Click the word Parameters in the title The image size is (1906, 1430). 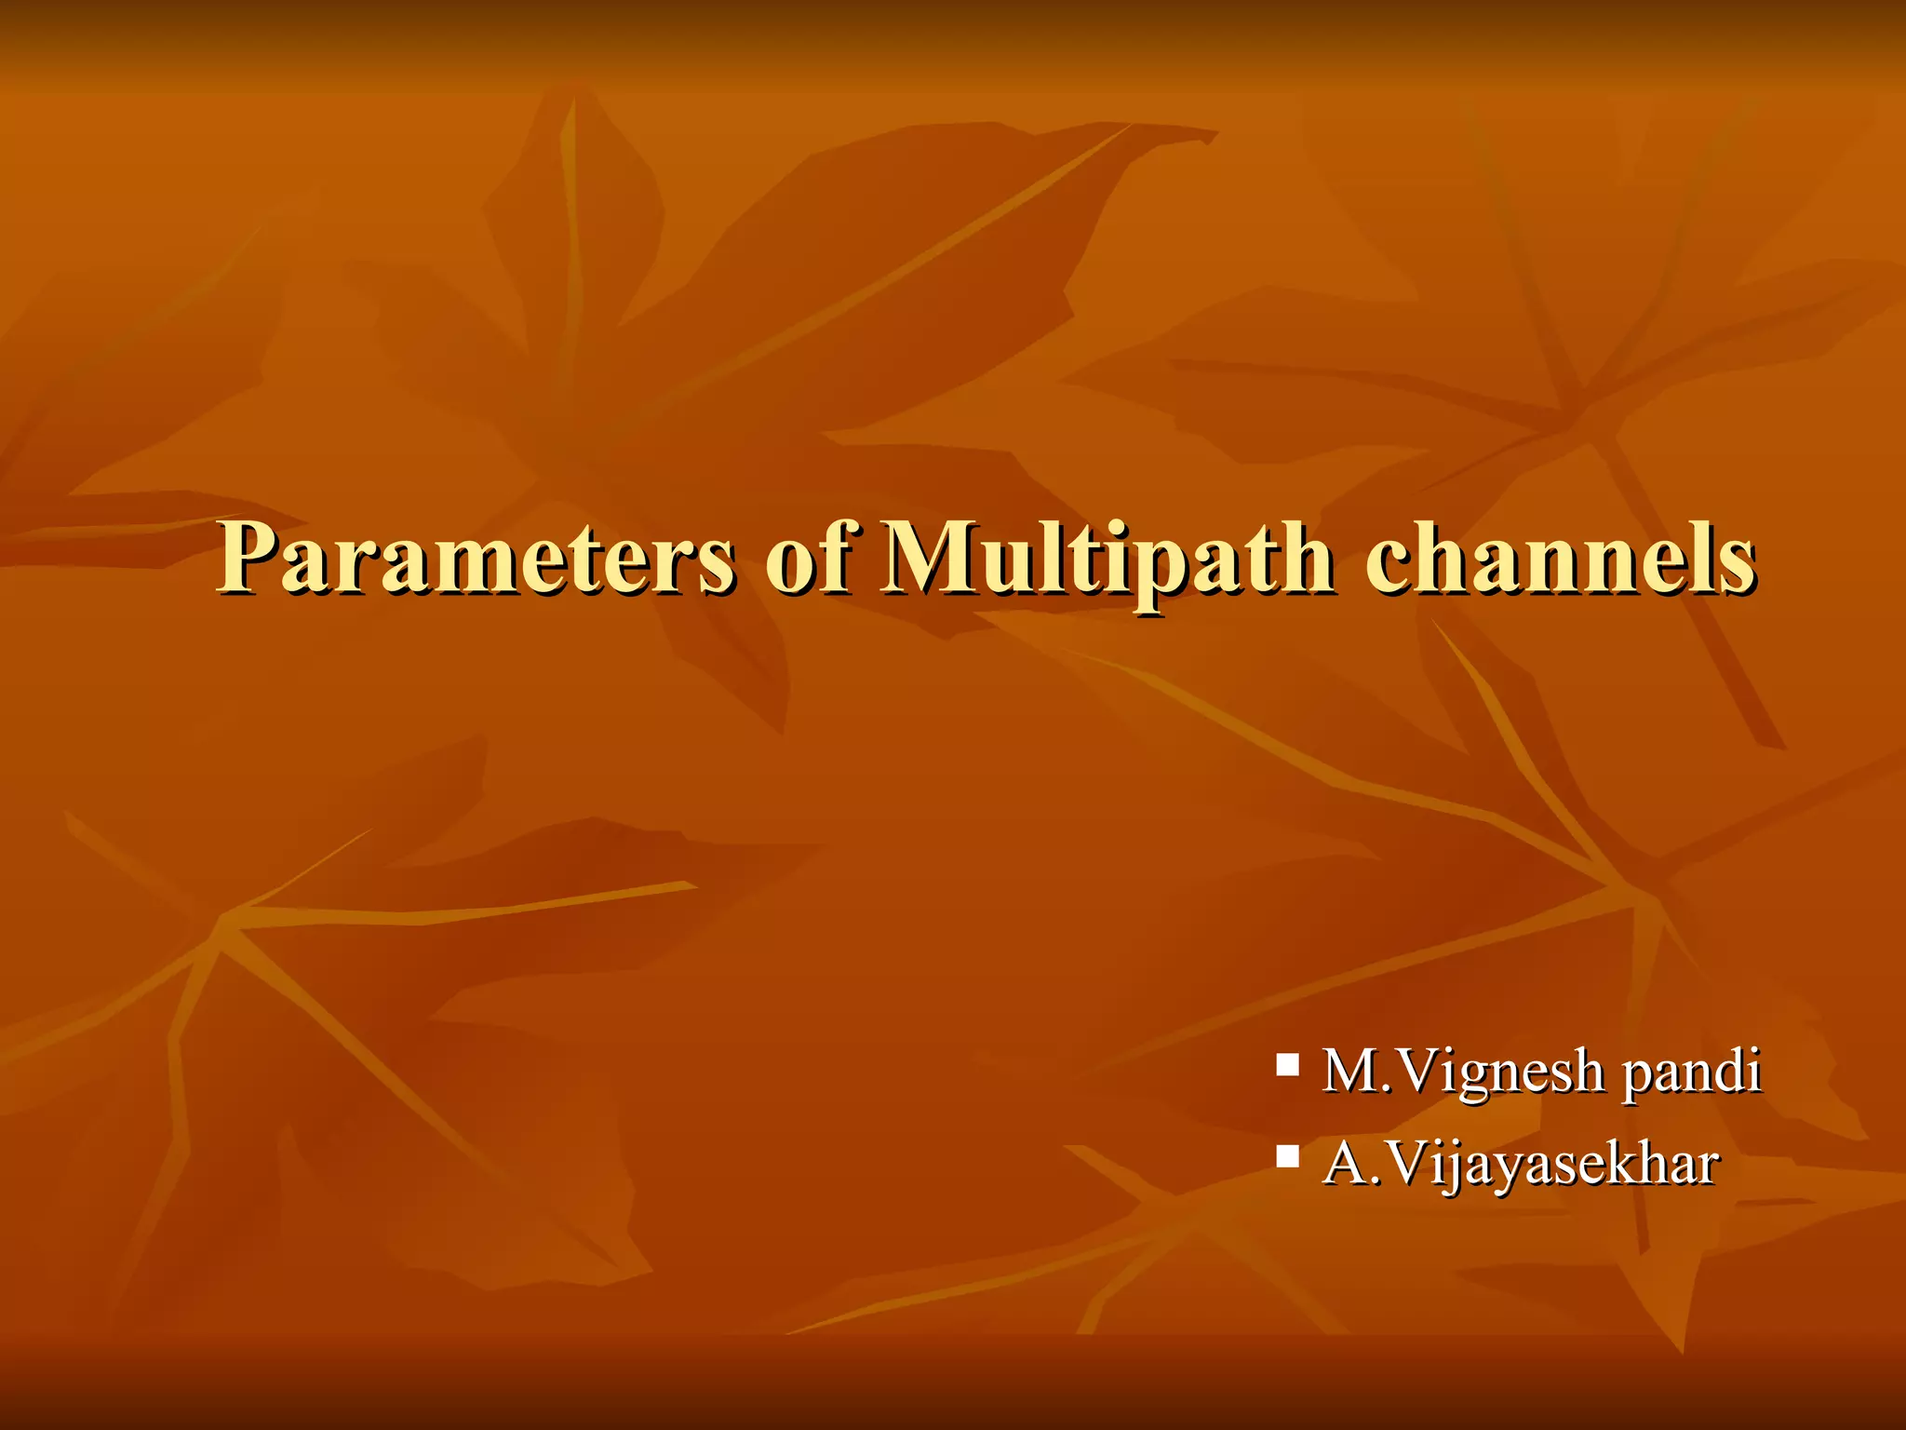point(475,559)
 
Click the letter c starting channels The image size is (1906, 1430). point(1385,568)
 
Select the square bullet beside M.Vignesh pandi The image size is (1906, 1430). point(1288,1063)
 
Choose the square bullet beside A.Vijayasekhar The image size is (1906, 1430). point(1288,1156)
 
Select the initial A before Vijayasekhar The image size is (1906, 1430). point(1346,1164)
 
